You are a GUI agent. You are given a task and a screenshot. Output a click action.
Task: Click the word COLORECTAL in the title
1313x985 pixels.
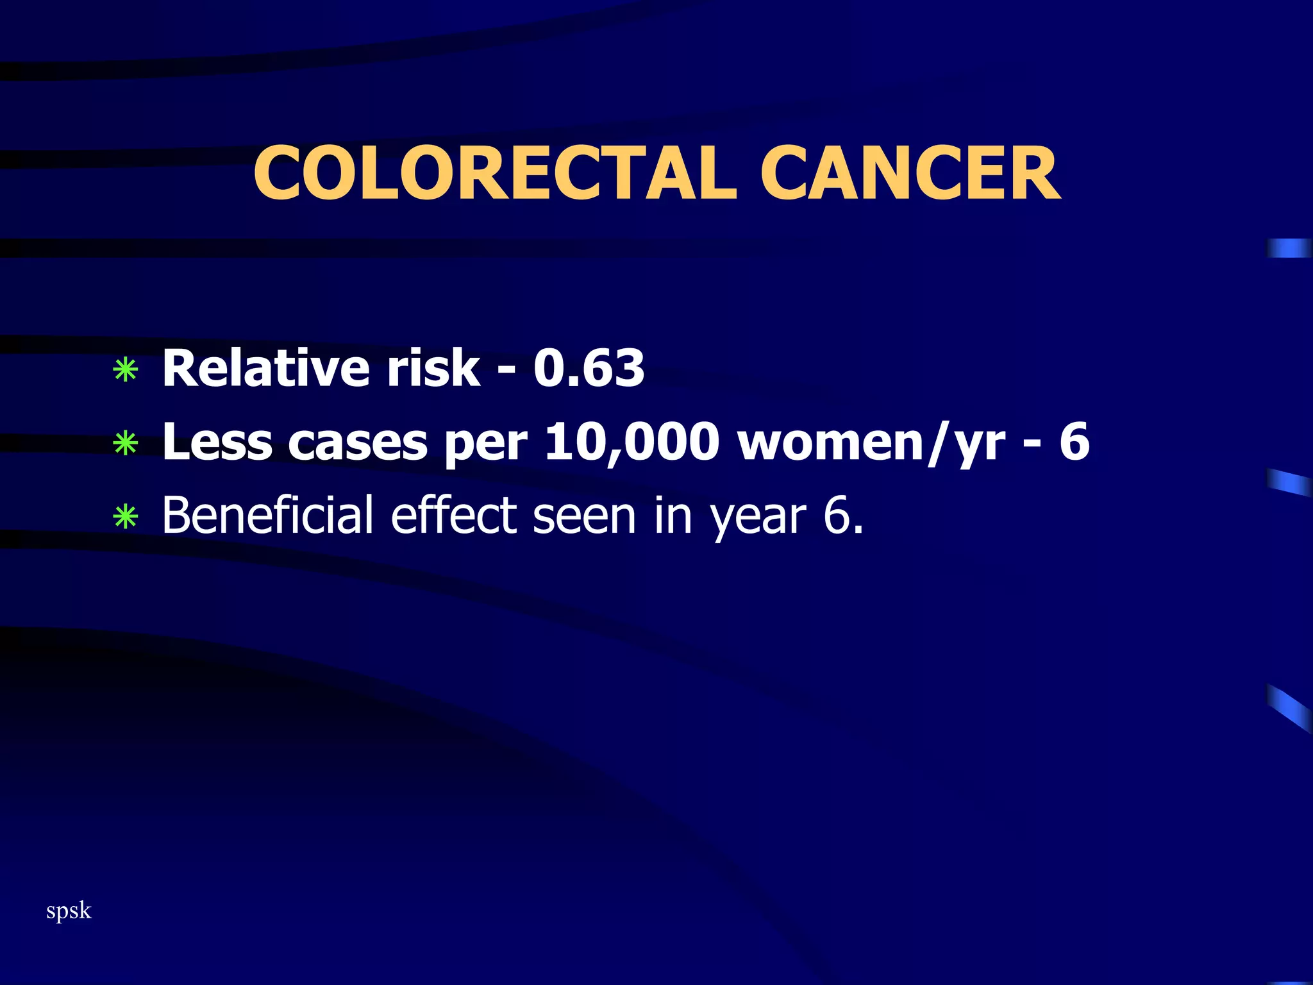pyautogui.click(x=494, y=174)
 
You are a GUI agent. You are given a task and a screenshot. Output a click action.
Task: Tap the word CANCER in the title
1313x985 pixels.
pyautogui.click(x=910, y=174)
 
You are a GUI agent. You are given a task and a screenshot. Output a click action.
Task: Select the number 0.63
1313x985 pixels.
pyautogui.click(x=589, y=369)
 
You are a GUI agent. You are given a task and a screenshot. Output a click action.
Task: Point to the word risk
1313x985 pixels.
pyautogui.click(x=433, y=369)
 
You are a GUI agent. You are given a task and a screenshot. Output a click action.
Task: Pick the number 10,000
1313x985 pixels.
pyautogui.click(x=632, y=442)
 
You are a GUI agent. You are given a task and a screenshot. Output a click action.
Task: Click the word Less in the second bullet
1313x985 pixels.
pyautogui.click(x=217, y=442)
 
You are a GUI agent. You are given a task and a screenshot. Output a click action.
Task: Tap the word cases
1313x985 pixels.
pyautogui.click(x=358, y=442)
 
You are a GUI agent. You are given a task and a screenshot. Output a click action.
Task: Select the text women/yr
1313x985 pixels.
pyautogui.click(x=872, y=442)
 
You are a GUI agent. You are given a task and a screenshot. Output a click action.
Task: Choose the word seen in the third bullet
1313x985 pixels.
pyautogui.click(x=584, y=516)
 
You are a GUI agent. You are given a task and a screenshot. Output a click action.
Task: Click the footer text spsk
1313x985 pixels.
pyautogui.click(x=69, y=911)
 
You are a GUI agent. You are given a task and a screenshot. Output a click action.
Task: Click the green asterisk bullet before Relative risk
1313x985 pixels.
pyautogui.click(x=126, y=371)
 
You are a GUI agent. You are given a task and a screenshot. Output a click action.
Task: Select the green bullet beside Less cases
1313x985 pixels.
pyautogui.click(x=126, y=444)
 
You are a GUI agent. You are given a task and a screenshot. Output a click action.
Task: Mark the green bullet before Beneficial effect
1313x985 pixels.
pyautogui.click(x=126, y=517)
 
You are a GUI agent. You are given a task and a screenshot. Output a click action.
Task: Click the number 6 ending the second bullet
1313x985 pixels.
pyautogui.click(x=1075, y=442)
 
